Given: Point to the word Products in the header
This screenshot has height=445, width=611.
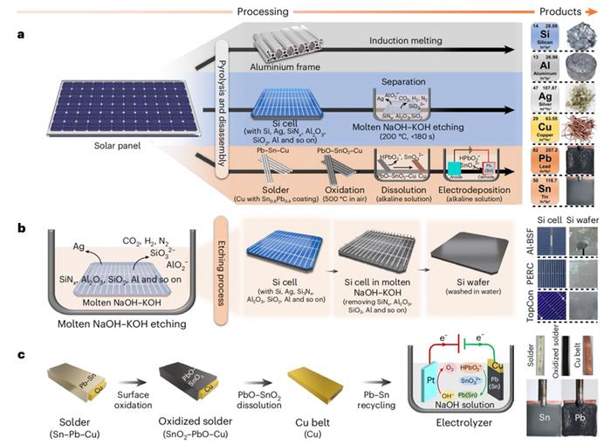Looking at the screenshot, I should pos(567,9).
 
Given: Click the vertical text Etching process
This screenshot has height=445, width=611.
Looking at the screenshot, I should pos(225,275).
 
